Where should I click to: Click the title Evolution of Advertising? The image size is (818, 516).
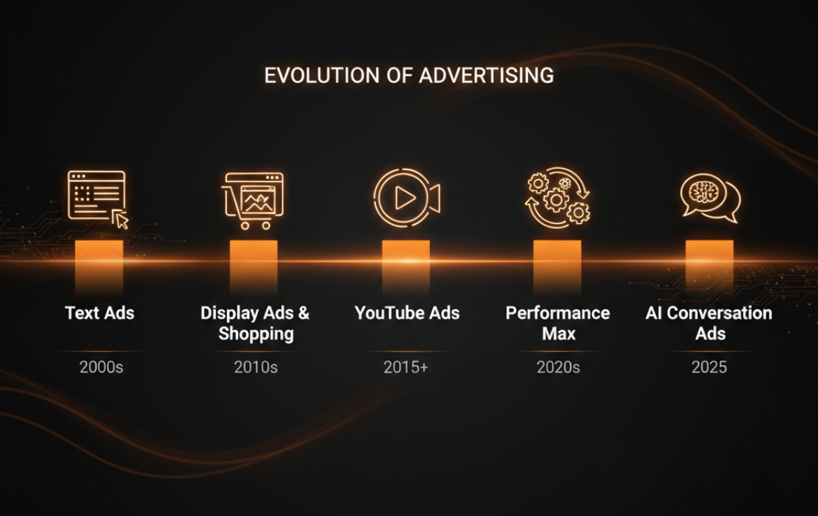click(409, 76)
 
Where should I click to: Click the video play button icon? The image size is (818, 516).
click(405, 198)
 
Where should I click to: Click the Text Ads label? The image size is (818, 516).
click(100, 313)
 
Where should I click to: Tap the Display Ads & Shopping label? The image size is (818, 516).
click(255, 323)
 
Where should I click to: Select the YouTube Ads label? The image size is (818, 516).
click(407, 313)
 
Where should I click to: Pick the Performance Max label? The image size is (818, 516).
click(558, 323)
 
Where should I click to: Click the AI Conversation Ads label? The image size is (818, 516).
click(709, 323)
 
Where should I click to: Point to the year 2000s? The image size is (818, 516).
click(101, 367)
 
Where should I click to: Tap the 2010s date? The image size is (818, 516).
click(255, 367)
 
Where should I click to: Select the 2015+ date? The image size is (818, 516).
click(405, 367)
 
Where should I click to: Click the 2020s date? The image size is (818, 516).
click(558, 367)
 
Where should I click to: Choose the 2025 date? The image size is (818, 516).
click(709, 367)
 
